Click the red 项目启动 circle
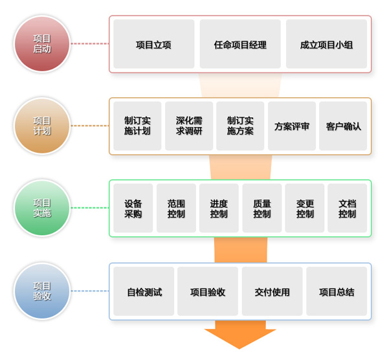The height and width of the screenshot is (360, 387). (x=42, y=43)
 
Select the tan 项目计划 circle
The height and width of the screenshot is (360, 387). (x=42, y=126)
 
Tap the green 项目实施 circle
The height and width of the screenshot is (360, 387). (x=42, y=208)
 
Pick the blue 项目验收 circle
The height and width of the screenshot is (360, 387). (x=42, y=291)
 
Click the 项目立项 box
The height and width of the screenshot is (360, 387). (x=154, y=44)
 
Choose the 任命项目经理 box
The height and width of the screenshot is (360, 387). (x=240, y=44)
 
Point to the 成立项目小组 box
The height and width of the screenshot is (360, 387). (x=326, y=44)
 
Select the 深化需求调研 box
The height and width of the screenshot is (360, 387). (x=189, y=126)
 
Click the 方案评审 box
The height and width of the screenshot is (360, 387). (x=292, y=126)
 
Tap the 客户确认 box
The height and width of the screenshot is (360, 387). (x=343, y=126)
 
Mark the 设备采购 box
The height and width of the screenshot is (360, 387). (x=133, y=208)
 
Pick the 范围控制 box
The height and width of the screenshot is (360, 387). (x=176, y=208)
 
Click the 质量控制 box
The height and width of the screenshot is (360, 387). (x=262, y=208)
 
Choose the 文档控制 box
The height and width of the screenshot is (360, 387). (x=348, y=208)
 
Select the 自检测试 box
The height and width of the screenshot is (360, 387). (x=144, y=291)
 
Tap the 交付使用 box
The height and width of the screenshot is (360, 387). (x=272, y=291)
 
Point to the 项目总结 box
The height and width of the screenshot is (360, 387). (x=337, y=291)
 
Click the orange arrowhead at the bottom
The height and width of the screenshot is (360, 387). (x=240, y=337)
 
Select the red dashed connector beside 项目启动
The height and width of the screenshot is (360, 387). (x=90, y=43)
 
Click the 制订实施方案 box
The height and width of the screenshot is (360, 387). (x=240, y=126)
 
